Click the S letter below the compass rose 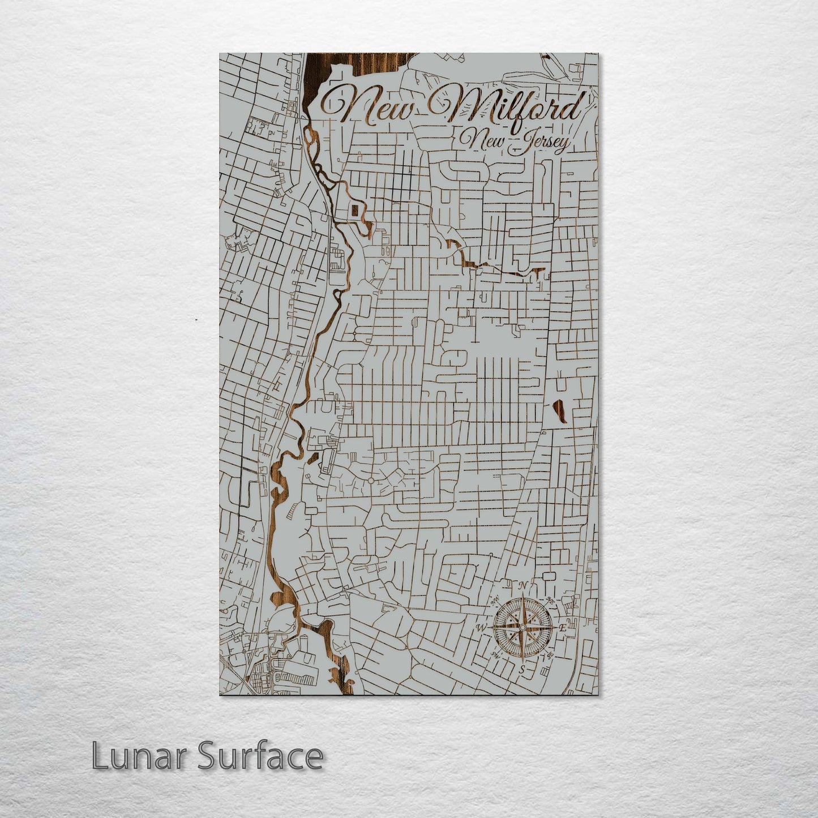(522, 669)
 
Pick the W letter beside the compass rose (481, 628)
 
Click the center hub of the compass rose (522, 627)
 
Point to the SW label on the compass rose (496, 655)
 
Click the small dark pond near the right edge (560, 410)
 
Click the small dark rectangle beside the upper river (354, 211)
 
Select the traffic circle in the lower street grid (370, 480)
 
